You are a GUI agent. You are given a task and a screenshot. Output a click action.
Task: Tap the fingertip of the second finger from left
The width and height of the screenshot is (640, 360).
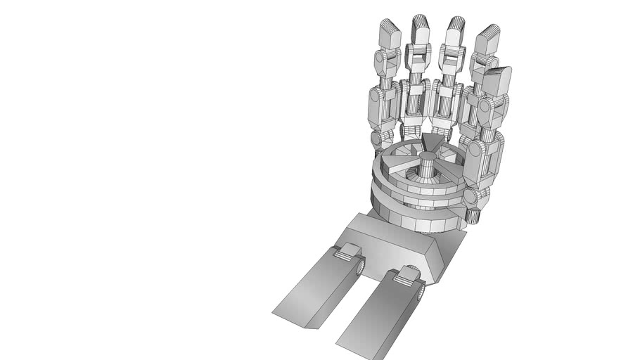point(421,29)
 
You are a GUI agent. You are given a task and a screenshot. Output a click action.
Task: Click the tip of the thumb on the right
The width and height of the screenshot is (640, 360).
point(498,79)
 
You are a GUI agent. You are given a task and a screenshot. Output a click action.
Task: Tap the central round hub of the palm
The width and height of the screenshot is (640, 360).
point(428,167)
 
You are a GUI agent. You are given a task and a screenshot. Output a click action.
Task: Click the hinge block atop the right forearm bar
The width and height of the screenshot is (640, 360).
point(407,276)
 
